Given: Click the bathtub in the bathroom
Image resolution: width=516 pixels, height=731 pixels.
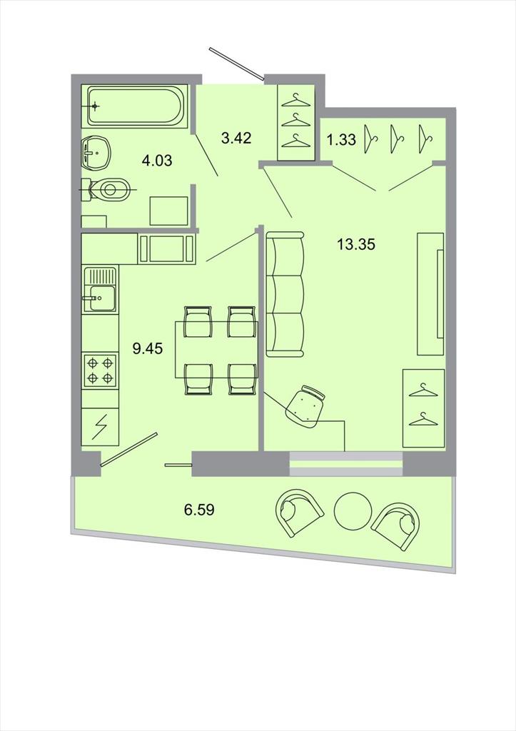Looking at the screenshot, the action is tap(135, 106).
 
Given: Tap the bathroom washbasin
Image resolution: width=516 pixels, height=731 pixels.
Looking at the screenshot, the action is tap(96, 153).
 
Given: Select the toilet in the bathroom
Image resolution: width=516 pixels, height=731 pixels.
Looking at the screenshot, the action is tap(108, 190).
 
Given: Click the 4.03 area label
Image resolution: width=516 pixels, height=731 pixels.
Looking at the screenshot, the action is tap(157, 161).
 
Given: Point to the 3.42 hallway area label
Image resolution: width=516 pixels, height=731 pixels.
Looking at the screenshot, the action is tap(236, 138).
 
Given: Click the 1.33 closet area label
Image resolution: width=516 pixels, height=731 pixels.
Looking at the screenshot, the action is tap(341, 139).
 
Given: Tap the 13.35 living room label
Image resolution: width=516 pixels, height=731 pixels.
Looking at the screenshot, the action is tap(356, 244).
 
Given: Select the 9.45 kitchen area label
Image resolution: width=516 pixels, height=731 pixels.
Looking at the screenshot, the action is tap(148, 348).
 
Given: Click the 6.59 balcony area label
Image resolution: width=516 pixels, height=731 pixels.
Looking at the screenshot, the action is tap(199, 510).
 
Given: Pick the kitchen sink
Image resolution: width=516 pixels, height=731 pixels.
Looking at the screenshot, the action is tap(100, 290).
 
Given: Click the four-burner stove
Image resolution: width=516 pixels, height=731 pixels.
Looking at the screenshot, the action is tap(100, 370).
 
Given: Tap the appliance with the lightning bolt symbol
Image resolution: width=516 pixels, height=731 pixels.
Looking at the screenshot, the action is tap(100, 427).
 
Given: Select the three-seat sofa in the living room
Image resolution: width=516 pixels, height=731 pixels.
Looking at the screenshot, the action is tap(285, 295).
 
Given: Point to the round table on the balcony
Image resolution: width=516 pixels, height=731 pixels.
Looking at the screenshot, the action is tap(353, 511).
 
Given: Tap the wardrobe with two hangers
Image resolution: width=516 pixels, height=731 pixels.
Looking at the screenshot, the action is tap(423, 408).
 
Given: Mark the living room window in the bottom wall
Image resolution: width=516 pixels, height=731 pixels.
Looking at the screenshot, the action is tap(346, 464).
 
